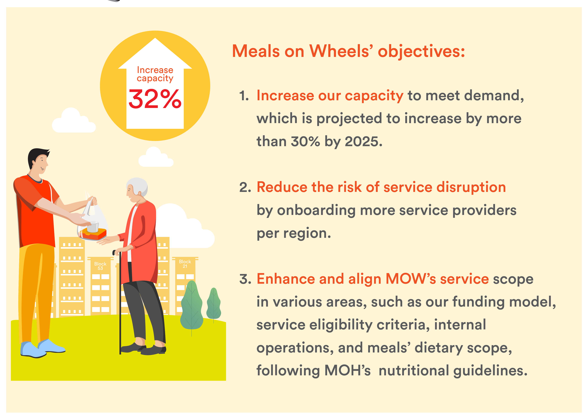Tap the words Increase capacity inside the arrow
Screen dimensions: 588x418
click(155, 74)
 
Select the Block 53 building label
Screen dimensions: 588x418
click(100, 266)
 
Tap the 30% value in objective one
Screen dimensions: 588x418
click(305, 141)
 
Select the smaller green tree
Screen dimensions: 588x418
click(214, 304)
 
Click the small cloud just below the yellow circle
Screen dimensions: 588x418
click(156, 157)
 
